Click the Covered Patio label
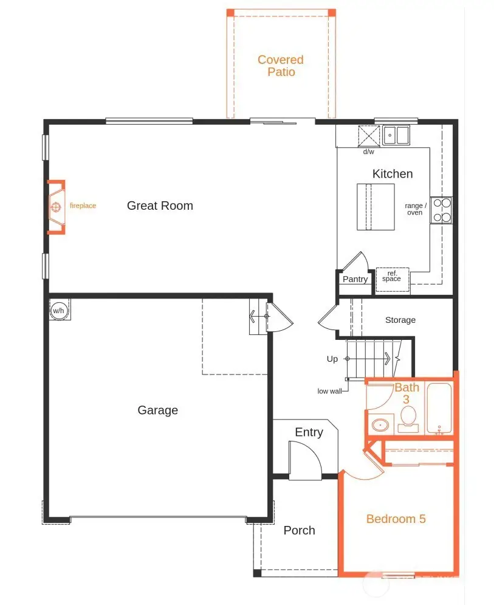(280, 66)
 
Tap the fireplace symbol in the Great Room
(56, 207)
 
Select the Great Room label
(160, 206)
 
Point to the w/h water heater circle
(59, 310)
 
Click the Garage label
(158, 410)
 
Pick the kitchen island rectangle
(376, 207)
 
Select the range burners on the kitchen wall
(442, 210)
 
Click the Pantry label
(355, 280)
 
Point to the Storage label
(400, 320)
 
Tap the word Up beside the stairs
(332, 359)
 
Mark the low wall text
(329, 391)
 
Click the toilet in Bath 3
(408, 418)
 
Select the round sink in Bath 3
(381, 424)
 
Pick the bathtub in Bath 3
(439, 409)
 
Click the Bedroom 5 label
(396, 519)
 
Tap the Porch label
(300, 530)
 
